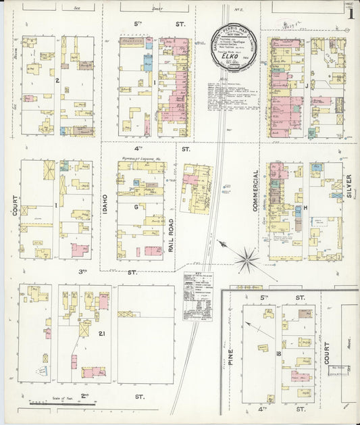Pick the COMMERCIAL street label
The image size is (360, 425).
point(256,191)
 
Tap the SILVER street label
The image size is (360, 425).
point(349,186)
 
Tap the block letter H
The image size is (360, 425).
point(305,207)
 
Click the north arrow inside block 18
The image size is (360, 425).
point(251,326)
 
